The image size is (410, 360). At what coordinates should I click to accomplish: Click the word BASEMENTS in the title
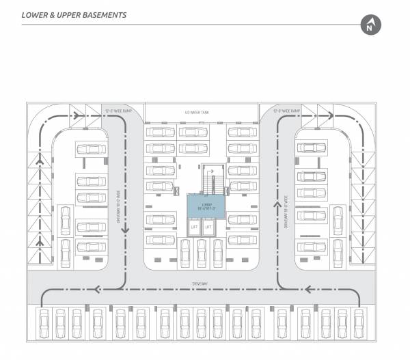[x=101, y=14]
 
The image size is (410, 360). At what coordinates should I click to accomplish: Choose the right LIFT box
[x=208, y=227]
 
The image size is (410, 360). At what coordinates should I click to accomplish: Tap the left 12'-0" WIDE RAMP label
[x=117, y=110]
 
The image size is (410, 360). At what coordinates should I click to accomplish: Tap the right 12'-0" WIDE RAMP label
[x=285, y=110]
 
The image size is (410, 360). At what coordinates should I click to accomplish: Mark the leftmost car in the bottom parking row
[x=42, y=322]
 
